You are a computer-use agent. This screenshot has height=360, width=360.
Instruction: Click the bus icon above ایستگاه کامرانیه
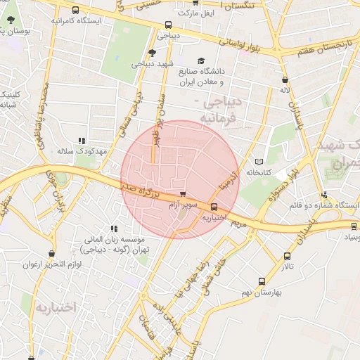click(75, 10)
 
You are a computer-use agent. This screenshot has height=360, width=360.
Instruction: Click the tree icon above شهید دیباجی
click(152, 53)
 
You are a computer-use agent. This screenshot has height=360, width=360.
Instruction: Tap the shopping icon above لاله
click(285, 79)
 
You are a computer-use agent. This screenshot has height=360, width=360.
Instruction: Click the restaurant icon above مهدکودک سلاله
click(82, 141)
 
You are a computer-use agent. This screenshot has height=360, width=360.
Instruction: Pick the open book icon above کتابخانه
click(259, 161)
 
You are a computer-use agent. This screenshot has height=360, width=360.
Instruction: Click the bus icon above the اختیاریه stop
click(214, 207)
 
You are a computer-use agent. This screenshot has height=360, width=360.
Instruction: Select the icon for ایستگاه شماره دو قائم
click(323, 195)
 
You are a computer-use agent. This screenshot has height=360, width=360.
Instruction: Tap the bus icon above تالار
click(286, 256)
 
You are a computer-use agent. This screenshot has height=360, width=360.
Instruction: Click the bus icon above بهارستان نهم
click(262, 280)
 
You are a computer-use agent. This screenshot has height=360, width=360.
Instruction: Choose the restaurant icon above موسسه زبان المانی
click(114, 228)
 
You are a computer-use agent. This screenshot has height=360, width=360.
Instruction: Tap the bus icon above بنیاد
click(354, 226)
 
